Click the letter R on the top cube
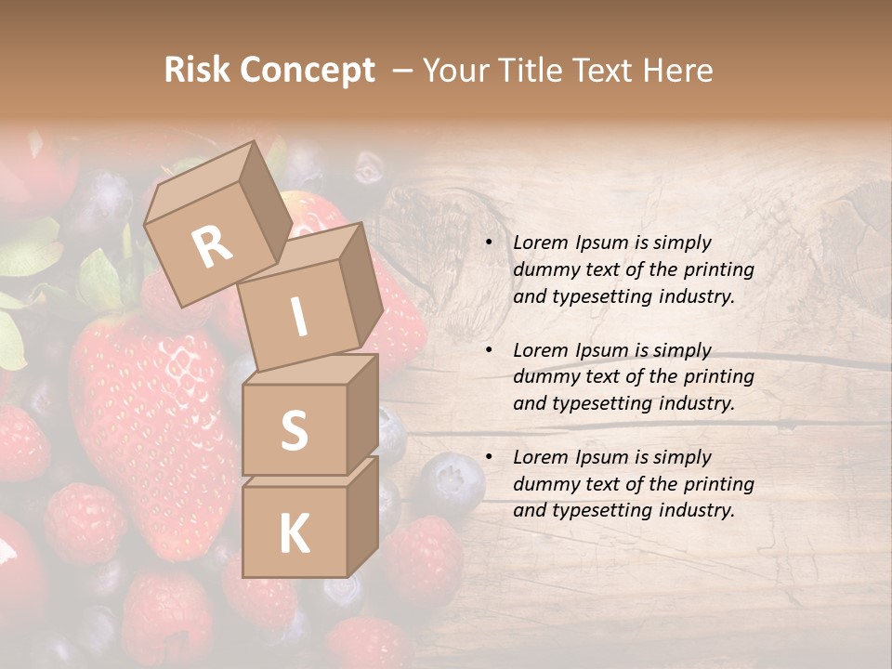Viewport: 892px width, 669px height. [x=212, y=247]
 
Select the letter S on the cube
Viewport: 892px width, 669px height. [x=294, y=430]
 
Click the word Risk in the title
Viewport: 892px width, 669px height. [x=197, y=70]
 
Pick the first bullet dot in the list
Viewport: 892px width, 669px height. [x=489, y=243]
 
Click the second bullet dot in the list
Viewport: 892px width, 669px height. [x=489, y=351]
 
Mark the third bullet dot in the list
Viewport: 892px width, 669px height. [x=489, y=458]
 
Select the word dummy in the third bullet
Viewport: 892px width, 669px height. [x=545, y=484]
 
